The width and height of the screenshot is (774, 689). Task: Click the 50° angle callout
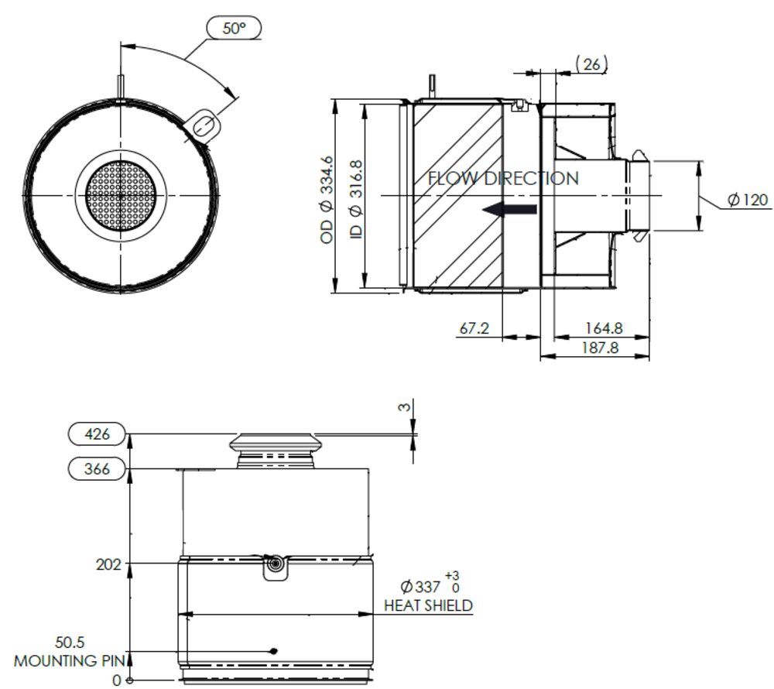click(234, 29)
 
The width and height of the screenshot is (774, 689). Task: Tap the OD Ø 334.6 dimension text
click(327, 200)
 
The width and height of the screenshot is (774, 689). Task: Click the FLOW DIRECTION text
click(503, 179)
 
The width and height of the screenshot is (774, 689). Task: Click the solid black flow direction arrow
click(509, 209)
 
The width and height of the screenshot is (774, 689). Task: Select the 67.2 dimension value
click(474, 328)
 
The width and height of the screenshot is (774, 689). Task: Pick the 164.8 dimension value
click(604, 328)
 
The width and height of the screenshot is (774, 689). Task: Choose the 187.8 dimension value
click(600, 348)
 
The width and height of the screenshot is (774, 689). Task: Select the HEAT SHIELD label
click(428, 605)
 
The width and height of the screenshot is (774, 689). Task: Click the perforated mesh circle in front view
click(121, 197)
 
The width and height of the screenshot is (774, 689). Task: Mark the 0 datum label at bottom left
click(117, 680)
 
